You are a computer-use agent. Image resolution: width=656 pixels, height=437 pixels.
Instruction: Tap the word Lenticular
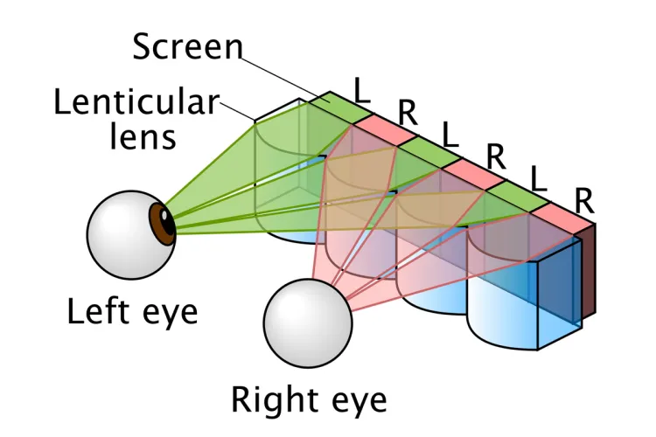click(x=135, y=102)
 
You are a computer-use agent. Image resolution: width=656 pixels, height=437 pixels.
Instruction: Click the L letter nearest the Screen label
click(x=361, y=88)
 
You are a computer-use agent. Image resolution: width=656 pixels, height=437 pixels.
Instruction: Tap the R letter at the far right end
click(x=584, y=200)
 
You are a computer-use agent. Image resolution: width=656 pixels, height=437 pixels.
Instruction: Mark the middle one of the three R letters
click(x=496, y=156)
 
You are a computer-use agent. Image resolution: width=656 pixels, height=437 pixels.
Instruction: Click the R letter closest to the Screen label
click(x=406, y=112)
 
